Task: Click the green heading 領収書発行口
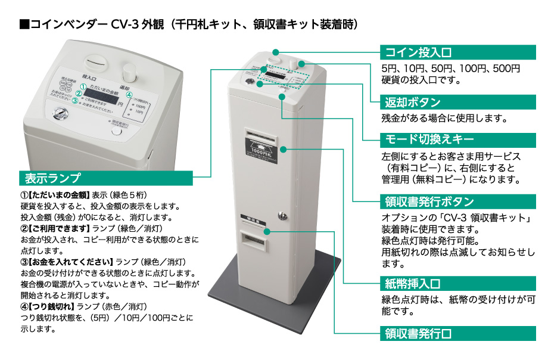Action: tap(416, 333)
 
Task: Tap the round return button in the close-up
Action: tap(126, 71)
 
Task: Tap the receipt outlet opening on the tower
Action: tap(254, 240)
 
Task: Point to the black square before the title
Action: tap(24, 24)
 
